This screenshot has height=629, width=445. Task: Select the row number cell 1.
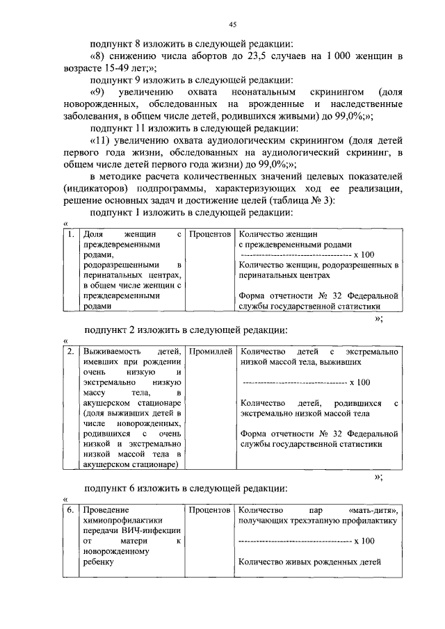pos(70,236)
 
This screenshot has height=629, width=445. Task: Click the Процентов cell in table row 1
pos(210,236)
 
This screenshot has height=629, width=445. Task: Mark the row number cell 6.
pos(70,511)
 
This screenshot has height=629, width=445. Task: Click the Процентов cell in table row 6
pos(210,511)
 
